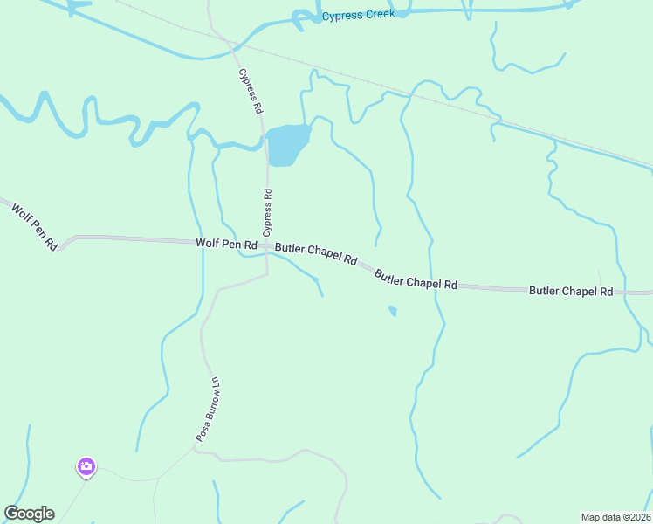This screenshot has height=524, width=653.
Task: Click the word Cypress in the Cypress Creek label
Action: (341, 16)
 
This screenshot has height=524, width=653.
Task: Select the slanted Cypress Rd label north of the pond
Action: (250, 93)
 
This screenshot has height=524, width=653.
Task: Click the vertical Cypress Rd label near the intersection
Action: (268, 213)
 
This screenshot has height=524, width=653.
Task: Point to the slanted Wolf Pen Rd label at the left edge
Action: (34, 226)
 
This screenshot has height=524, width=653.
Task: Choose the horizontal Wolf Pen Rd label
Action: (227, 245)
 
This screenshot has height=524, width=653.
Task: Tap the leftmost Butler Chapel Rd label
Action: (316, 253)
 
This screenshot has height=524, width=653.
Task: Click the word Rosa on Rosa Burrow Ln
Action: (202, 430)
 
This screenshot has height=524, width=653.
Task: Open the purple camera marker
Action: (86, 467)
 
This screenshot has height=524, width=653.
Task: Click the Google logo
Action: (29, 514)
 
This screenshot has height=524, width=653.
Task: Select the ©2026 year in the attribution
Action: (636, 516)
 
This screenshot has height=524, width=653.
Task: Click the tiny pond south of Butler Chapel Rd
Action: (393, 310)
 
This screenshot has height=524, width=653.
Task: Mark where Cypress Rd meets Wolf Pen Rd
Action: (267, 246)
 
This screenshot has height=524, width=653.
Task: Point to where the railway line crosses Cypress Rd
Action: (229, 37)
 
